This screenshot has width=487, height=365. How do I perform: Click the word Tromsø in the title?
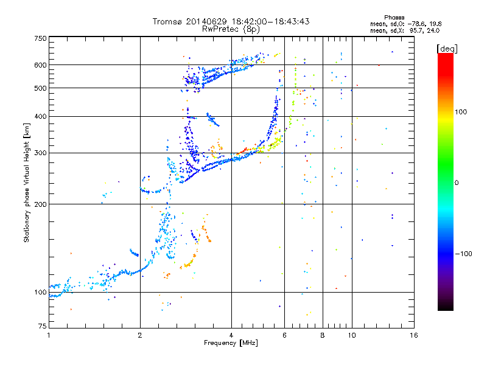(171, 21)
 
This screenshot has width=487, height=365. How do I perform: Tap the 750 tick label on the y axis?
(40, 38)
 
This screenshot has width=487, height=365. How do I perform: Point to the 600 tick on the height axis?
(40, 65)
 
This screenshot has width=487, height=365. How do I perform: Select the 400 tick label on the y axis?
(40, 116)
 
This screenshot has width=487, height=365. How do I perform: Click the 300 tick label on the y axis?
(40, 153)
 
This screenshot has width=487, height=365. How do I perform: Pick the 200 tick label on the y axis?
(40, 204)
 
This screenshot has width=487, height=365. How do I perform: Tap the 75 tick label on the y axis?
(41, 328)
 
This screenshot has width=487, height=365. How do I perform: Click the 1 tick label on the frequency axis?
(49, 335)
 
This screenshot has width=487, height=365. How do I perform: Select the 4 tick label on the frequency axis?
(231, 335)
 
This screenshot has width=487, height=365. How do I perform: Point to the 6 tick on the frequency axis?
(285, 335)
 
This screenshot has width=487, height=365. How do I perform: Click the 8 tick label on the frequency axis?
(323, 335)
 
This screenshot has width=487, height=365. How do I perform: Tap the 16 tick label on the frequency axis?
(413, 335)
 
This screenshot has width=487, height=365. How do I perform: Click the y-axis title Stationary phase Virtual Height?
(27, 182)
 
